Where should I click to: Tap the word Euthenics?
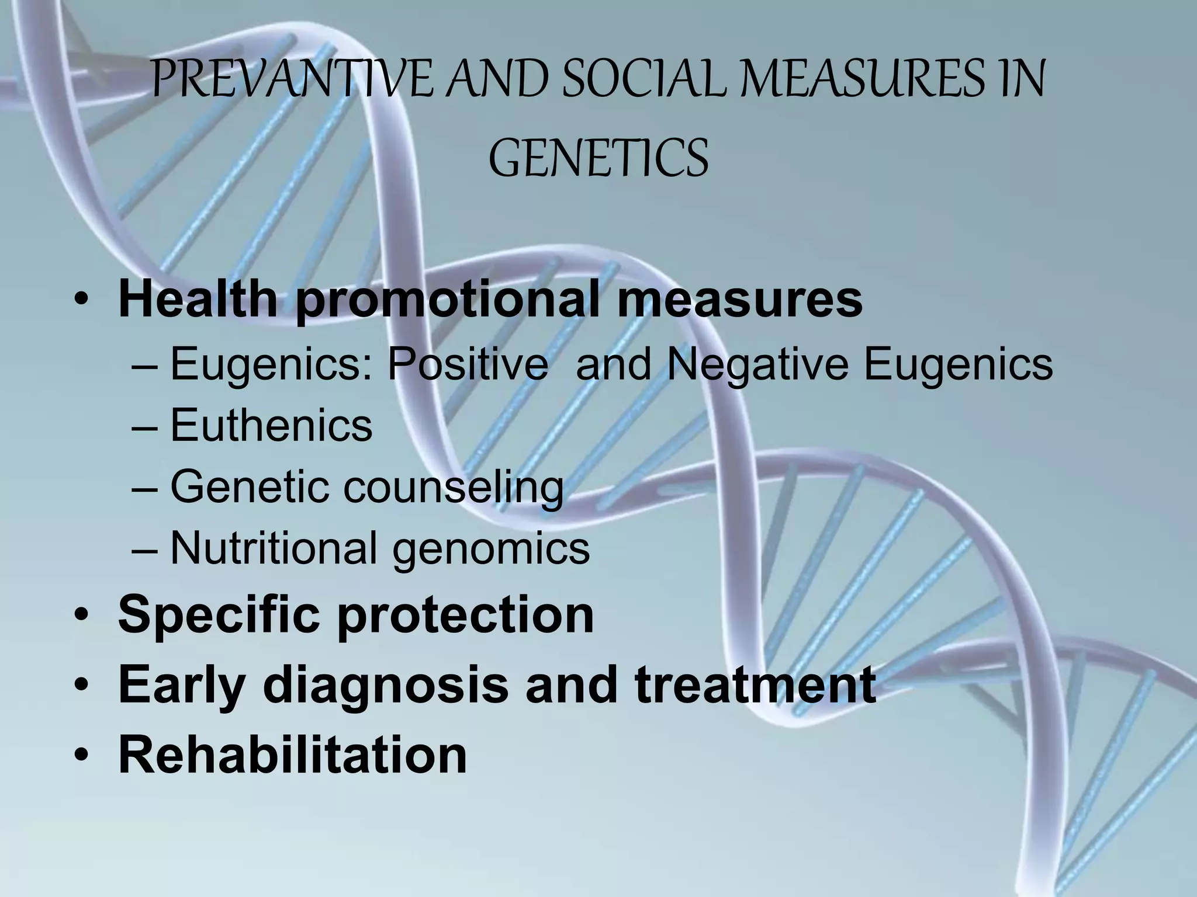coord(271,425)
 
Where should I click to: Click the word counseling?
coord(453,488)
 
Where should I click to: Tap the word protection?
coord(465,616)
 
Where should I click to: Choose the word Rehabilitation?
coord(292,755)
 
